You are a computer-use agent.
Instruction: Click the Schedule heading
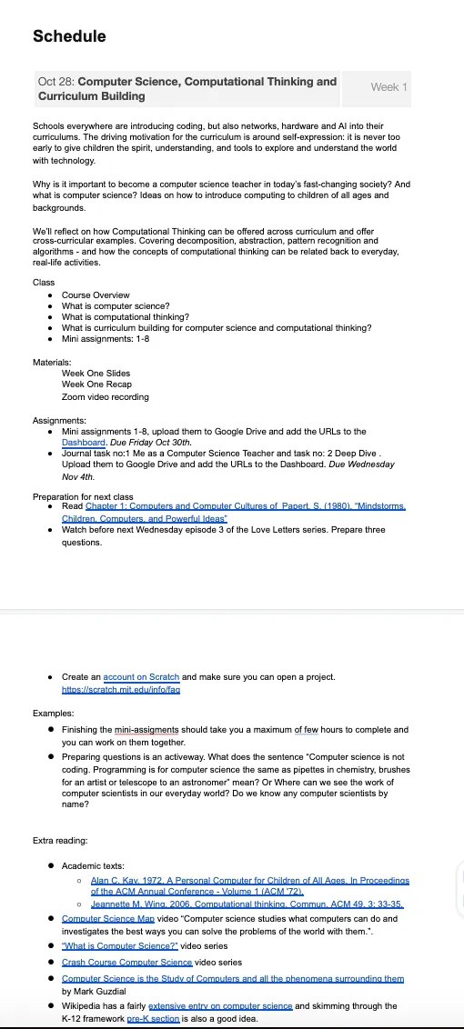click(69, 36)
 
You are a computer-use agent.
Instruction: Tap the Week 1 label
click(388, 87)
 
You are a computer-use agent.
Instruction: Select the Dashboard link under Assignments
click(85, 443)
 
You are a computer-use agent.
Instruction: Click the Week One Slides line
click(96, 374)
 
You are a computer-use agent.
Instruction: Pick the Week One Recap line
click(96, 385)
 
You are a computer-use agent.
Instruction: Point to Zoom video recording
click(105, 397)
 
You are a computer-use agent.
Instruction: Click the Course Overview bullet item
click(96, 295)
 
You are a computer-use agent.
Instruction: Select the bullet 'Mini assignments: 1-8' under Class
click(106, 339)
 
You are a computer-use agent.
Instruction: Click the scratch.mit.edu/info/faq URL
click(120, 690)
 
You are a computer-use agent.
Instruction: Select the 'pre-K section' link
click(153, 1021)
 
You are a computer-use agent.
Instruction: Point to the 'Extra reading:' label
click(60, 841)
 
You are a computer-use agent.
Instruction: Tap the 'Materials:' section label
click(52, 363)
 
